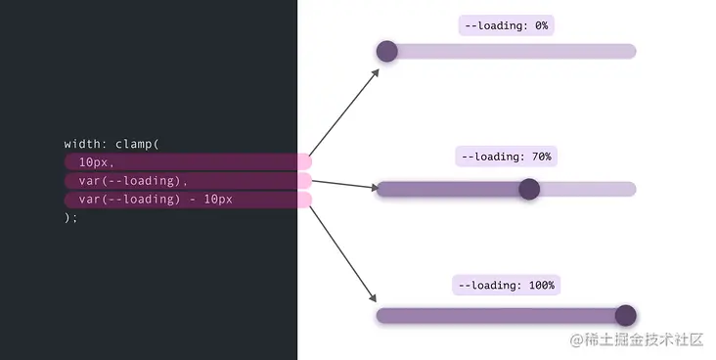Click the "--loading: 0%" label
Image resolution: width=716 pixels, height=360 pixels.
507,25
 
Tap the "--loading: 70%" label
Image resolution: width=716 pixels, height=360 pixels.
507,157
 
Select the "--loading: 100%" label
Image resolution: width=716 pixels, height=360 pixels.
507,286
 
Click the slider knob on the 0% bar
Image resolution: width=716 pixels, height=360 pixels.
386,51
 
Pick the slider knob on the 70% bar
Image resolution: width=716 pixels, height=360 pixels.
529,189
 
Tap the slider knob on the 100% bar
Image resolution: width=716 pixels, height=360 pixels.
626,316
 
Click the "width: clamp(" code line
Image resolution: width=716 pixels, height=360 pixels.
112,144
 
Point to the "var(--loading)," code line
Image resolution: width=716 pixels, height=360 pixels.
133,181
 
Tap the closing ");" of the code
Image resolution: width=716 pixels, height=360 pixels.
70,217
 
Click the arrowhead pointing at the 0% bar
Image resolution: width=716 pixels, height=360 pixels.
376,72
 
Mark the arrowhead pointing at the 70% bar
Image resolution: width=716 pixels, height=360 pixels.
375,187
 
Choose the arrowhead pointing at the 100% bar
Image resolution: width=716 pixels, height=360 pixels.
373,297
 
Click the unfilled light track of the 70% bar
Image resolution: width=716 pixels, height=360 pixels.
588,189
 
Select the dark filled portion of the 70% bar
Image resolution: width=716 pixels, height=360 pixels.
448,189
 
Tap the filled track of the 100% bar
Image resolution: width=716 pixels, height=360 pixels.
496,316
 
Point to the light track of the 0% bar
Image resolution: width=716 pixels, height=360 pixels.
516,51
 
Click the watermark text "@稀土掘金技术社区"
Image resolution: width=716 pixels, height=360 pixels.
637,339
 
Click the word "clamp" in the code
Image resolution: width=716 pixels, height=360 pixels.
133,144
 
